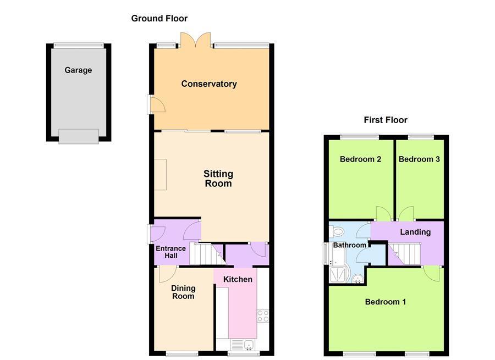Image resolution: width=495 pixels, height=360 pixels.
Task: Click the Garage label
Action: [78, 70]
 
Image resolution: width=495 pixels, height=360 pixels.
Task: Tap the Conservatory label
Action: [209, 84]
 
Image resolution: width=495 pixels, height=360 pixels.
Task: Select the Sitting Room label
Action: [218, 179]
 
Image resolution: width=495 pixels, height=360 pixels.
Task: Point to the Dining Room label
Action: [183, 292]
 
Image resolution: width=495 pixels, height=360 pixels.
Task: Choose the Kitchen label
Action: [238, 279]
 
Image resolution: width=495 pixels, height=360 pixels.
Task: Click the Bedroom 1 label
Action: [386, 302]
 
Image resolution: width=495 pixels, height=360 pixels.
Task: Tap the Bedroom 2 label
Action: [361, 159]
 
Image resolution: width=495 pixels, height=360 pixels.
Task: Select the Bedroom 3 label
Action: [419, 159]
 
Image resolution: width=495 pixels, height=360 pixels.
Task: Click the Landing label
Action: [415, 232]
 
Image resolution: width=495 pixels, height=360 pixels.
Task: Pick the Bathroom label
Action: [349, 245]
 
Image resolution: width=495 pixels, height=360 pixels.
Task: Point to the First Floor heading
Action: [386, 120]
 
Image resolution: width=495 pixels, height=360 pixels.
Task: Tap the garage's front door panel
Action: [79, 136]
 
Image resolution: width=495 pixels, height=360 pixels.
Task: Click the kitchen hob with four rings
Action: [263, 315]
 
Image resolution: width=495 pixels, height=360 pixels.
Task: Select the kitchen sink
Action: [241, 345]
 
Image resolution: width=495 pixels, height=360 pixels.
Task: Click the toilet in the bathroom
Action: [337, 231]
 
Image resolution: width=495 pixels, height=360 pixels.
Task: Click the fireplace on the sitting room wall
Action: [160, 174]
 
